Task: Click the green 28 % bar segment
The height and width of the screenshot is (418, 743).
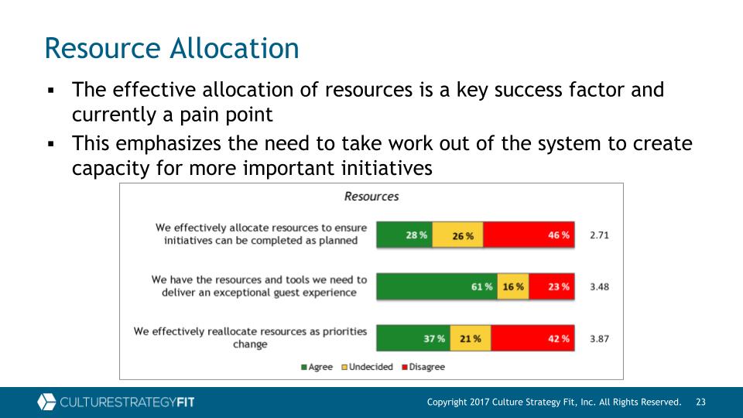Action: click(x=404, y=235)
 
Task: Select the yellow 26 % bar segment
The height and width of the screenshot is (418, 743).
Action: click(x=457, y=235)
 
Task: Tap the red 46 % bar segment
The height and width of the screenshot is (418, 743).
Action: click(x=529, y=235)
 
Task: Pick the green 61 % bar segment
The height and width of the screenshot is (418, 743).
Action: click(x=437, y=286)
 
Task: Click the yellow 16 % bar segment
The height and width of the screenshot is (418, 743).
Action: click(x=513, y=286)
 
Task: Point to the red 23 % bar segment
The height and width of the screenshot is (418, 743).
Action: click(x=552, y=286)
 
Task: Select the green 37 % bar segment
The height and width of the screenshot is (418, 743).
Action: click(x=413, y=338)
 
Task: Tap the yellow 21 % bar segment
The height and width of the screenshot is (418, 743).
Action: click(x=471, y=338)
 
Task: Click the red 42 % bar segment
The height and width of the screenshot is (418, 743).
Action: click(x=532, y=338)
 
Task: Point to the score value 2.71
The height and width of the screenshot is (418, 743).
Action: click(x=599, y=235)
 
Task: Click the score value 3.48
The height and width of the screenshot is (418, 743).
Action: click(x=599, y=286)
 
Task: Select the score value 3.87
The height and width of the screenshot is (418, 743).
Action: click(x=599, y=339)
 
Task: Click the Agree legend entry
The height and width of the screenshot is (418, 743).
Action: click(x=317, y=367)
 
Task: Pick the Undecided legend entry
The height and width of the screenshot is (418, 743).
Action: click(x=368, y=367)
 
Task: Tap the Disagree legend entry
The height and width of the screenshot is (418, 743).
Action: click(x=423, y=367)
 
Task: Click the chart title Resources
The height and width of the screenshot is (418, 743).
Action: click(x=371, y=196)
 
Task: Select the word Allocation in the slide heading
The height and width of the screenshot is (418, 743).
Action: click(x=235, y=48)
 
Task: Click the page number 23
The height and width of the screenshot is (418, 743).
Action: click(x=701, y=402)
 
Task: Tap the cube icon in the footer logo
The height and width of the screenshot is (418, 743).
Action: click(x=46, y=402)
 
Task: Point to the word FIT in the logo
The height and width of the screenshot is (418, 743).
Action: click(x=185, y=403)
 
